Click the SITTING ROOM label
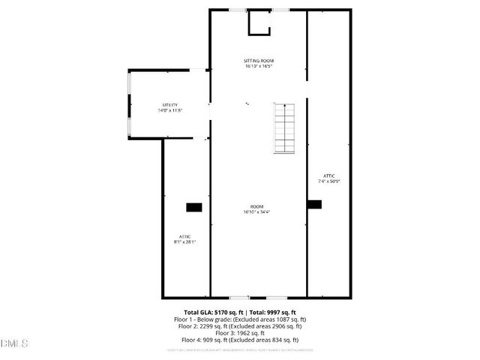(x=258, y=60)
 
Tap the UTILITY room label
(x=170, y=104)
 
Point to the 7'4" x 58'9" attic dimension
(x=329, y=181)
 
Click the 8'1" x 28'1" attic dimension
(x=184, y=242)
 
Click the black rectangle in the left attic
(x=193, y=206)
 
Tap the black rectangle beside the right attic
(x=313, y=203)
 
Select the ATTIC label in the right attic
(x=329, y=175)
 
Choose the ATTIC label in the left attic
(x=184, y=236)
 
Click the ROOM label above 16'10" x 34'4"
(x=257, y=206)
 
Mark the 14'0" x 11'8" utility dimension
(x=170, y=110)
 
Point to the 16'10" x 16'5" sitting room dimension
(x=258, y=66)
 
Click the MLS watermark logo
(x=14, y=343)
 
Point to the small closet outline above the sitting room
(x=259, y=22)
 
